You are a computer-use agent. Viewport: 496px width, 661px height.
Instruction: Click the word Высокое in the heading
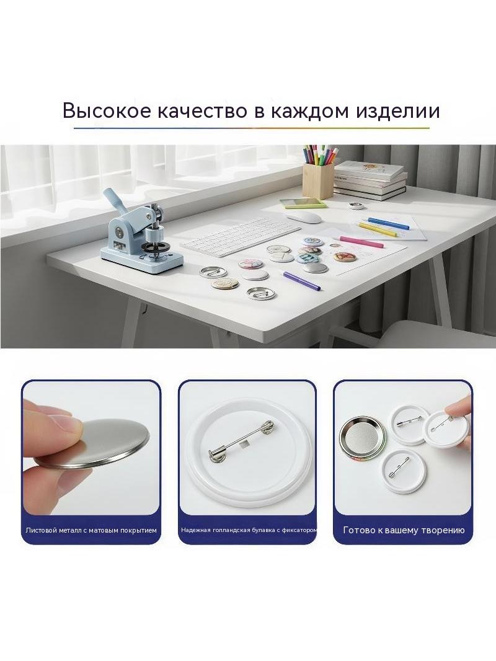click(107, 111)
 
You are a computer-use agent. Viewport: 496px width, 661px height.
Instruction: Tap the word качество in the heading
click(205, 111)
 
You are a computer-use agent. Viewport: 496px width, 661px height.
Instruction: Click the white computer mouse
click(303, 216)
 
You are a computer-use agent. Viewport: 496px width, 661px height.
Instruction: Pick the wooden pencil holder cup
click(318, 180)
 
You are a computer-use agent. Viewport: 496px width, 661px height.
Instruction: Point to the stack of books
click(370, 180)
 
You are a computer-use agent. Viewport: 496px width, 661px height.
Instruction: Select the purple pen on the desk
click(302, 281)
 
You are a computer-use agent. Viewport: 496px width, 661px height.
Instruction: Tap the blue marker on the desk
click(388, 223)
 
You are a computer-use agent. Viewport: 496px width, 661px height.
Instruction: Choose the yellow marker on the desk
click(378, 228)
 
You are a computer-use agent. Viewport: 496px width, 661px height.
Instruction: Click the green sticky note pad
click(303, 202)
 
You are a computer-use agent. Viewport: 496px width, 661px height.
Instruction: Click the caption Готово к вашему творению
click(404, 530)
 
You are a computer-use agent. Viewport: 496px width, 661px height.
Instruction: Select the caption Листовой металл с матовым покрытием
click(91, 530)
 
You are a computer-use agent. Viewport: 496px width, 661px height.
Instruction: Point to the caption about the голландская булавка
click(249, 530)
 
